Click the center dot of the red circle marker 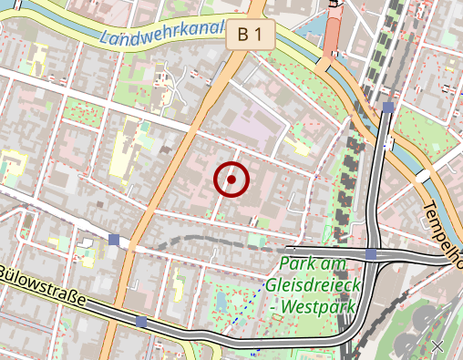[x=232, y=180]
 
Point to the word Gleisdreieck [x=314, y=285]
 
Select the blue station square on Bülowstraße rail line [x=140, y=322]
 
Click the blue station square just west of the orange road [x=114, y=240]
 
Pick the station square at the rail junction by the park [x=372, y=253]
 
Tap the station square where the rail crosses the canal [x=388, y=108]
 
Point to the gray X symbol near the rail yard [x=437, y=346]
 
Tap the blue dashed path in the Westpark [x=239, y=318]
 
